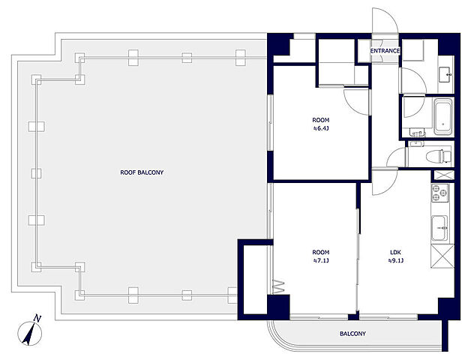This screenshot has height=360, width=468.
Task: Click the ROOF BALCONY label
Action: coord(142,172)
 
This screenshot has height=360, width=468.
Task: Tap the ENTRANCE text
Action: coord(385,51)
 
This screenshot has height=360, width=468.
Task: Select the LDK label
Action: coord(396,252)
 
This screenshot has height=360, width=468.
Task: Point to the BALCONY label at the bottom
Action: coord(352,334)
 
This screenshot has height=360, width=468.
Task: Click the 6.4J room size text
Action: coord(321,129)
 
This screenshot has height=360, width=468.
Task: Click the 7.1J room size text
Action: coord(321,260)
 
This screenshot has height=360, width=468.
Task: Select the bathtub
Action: coord(443,117)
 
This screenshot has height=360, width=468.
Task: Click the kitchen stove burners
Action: coord(440,193)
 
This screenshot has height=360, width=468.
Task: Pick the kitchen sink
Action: coord(439,227)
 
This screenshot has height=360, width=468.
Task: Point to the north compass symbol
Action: coord(29,331)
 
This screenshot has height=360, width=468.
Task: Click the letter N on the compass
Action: coord(37,318)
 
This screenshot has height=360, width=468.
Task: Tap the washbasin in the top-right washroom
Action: coord(445,74)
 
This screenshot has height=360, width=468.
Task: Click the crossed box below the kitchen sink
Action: coord(442,256)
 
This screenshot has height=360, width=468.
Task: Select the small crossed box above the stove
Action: coord(444,175)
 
